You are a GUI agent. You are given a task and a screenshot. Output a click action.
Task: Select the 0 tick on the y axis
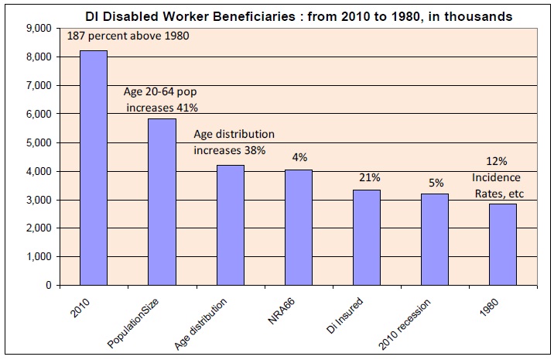(48, 286)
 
